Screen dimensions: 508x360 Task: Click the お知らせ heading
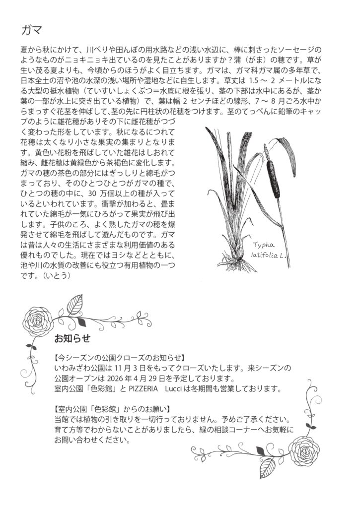(72, 339)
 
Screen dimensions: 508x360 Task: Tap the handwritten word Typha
(264, 245)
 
